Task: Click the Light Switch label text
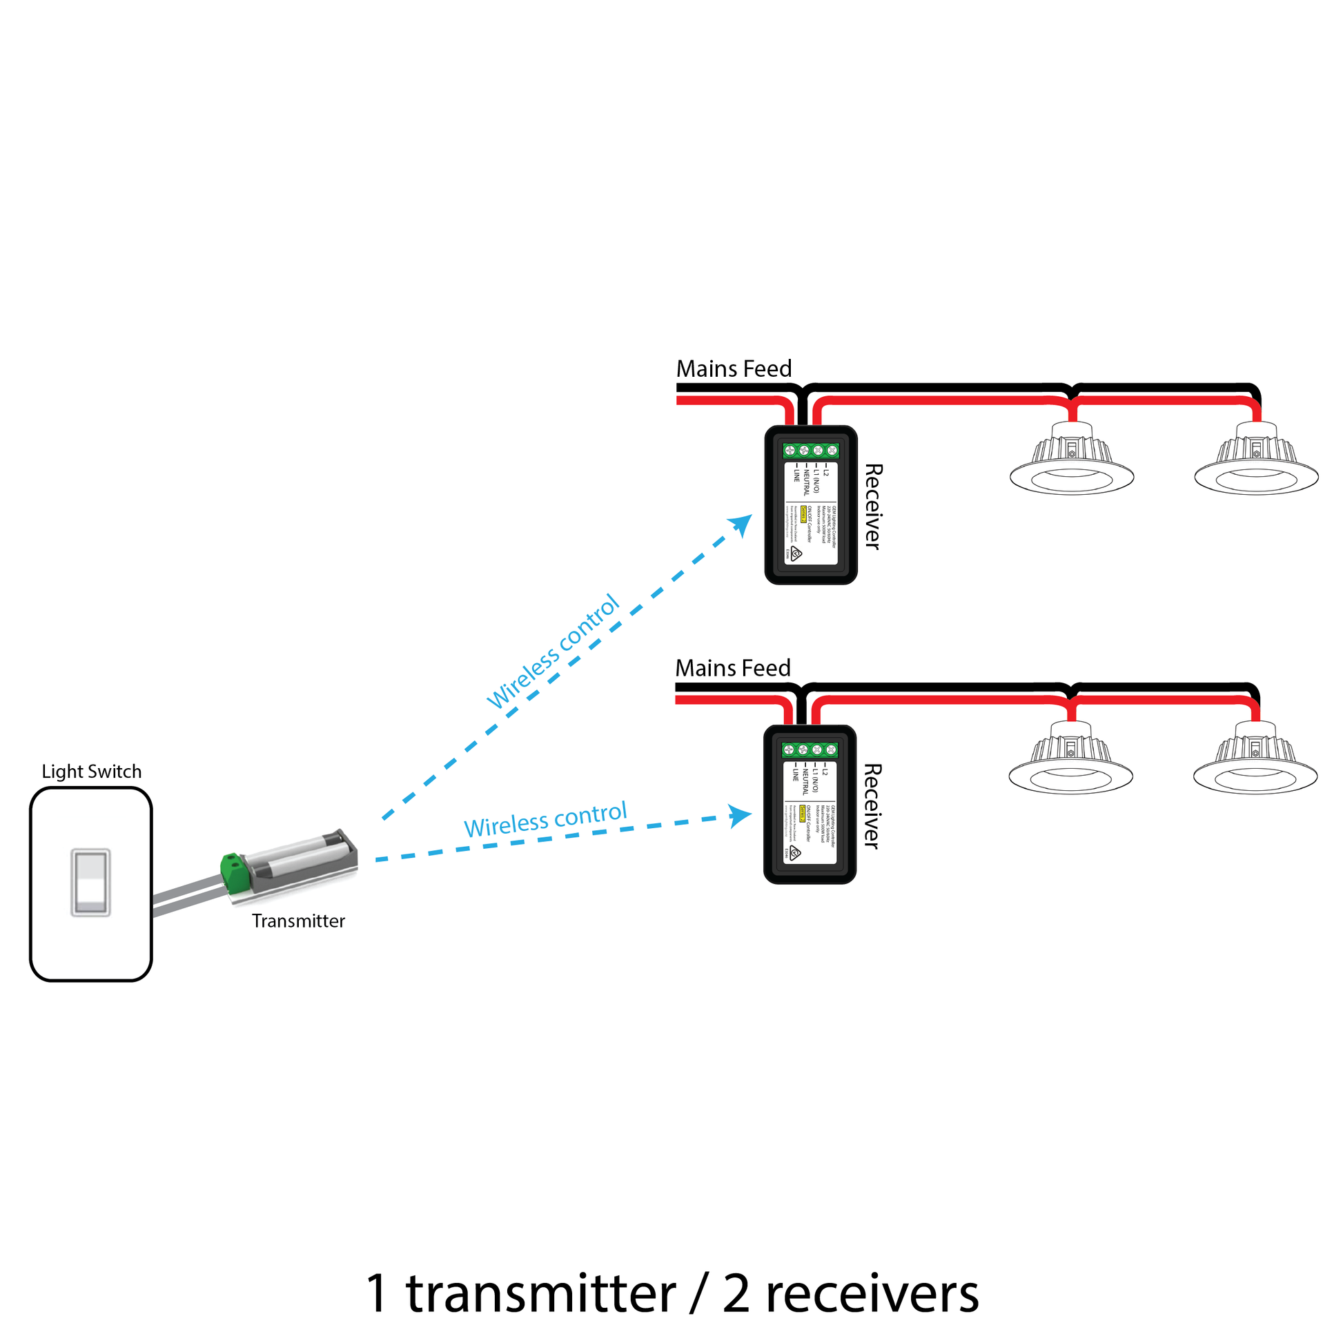91,772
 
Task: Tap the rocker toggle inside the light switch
91,882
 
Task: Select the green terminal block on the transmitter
235,872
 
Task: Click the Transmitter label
298,921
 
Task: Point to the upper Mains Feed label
734,369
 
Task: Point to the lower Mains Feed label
733,668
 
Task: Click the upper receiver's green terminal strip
810,451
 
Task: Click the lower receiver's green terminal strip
810,750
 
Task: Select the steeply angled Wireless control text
553,651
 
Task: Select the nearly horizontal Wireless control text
545,821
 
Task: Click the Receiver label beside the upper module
873,507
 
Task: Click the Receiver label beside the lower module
872,806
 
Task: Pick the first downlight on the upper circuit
1071,462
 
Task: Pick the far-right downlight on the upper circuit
1256,462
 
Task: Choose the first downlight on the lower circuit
1070,761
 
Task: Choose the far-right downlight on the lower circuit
1255,761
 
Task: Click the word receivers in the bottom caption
872,1294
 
